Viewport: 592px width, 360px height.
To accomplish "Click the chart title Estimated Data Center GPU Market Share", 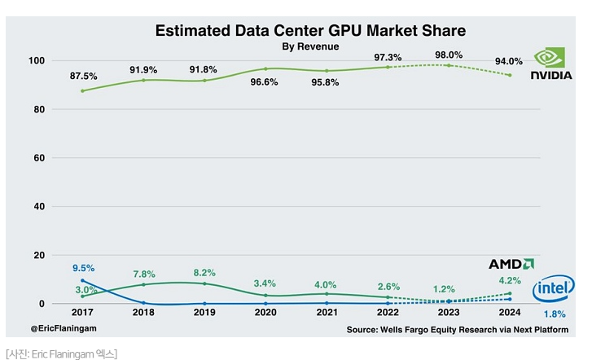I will (310, 31).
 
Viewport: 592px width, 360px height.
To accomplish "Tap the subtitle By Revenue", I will (310, 47).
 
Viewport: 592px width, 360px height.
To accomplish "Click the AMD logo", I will (511, 264).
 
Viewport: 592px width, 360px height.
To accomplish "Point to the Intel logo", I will (555, 288).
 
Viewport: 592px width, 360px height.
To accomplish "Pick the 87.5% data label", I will (84, 77).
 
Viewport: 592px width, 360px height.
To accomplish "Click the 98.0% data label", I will (448, 55).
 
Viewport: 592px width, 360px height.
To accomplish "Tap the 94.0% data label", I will (509, 61).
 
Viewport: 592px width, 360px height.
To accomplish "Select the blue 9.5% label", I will (84, 268).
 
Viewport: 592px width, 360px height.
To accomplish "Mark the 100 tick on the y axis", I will (36, 60).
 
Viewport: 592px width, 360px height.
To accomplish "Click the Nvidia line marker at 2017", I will (83, 90).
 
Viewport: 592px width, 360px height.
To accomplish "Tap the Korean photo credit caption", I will (61, 353).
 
